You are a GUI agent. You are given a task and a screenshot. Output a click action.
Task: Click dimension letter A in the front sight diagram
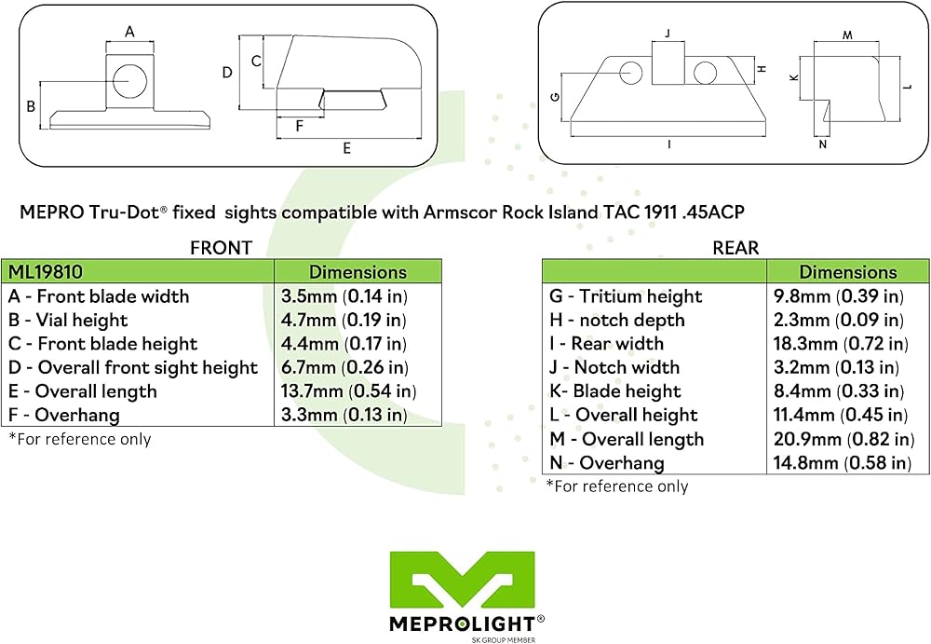tap(130, 31)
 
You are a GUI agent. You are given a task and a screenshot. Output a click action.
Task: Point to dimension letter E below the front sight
tap(346, 148)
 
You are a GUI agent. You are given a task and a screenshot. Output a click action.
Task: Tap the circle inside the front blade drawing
tap(130, 79)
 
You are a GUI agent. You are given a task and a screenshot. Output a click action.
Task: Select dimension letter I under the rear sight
tap(669, 144)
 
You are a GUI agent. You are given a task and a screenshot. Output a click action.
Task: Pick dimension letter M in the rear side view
tap(847, 34)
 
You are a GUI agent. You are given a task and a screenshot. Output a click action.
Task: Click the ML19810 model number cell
tap(43, 272)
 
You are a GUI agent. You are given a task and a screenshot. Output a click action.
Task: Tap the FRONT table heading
tap(220, 248)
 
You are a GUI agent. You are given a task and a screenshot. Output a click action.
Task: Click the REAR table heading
tap(735, 248)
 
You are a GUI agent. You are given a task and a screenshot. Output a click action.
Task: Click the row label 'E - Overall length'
tap(82, 391)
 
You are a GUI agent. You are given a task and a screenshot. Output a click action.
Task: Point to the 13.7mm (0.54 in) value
tap(348, 391)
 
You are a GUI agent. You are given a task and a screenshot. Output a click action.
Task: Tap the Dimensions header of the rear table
tap(847, 272)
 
